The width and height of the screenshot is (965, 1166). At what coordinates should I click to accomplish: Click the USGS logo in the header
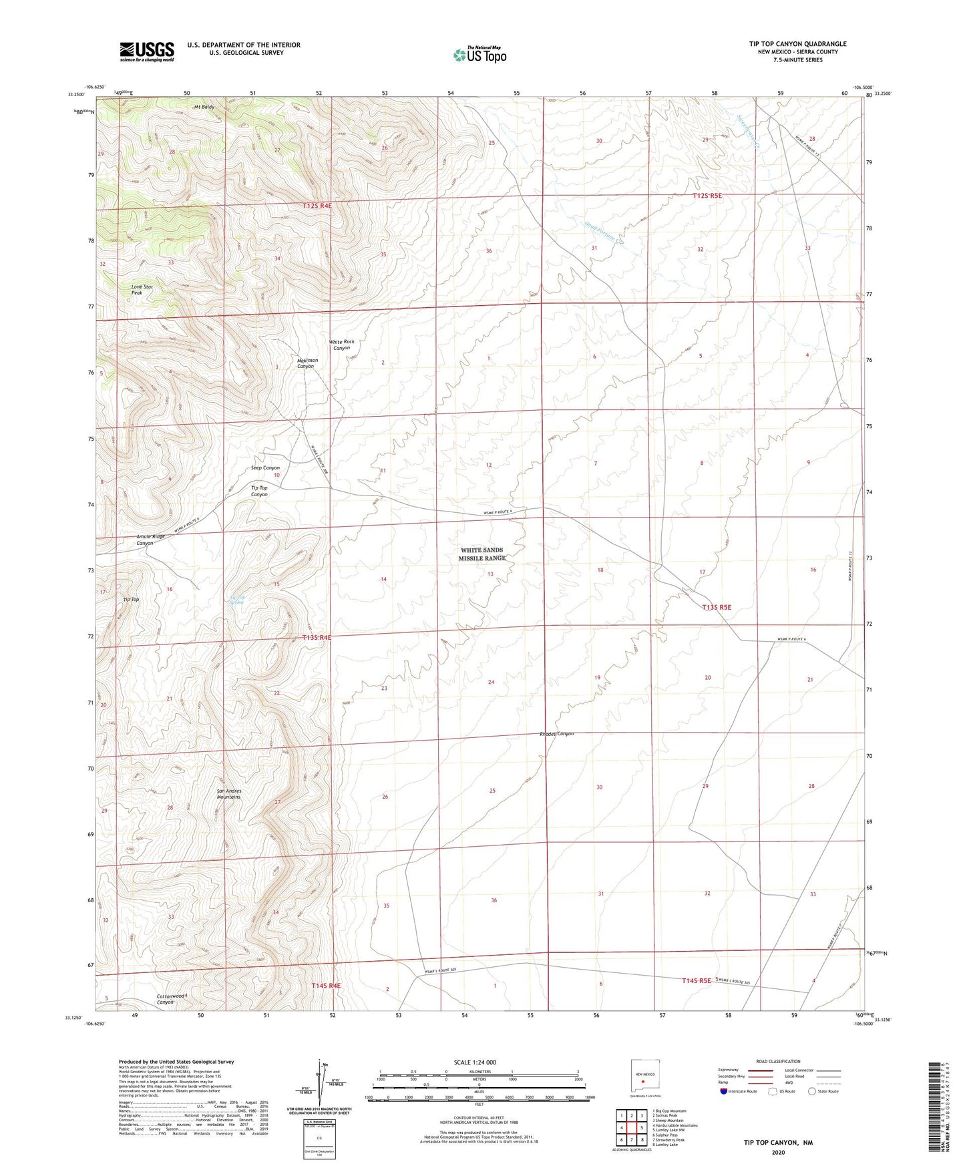[147, 51]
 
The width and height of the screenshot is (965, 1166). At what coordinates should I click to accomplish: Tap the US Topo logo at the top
[479, 55]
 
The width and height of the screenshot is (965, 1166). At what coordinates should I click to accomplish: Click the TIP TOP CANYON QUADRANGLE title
[797, 44]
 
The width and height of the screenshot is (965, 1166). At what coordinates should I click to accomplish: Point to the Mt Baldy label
[204, 107]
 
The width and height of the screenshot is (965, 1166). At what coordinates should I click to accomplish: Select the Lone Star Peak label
[142, 290]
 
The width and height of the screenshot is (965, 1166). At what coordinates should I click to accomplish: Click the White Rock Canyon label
[341, 345]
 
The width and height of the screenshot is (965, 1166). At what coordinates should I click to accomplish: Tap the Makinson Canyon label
[307, 363]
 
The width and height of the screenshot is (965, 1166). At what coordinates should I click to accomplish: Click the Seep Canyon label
[265, 467]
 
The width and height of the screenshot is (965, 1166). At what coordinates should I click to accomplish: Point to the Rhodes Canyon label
[556, 734]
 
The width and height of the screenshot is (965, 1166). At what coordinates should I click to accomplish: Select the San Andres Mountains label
[228, 793]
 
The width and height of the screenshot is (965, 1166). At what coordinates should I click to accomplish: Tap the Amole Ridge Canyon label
[150, 540]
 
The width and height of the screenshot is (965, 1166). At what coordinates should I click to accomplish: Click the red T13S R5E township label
[717, 607]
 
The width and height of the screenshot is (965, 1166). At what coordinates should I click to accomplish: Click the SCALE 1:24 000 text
[475, 1062]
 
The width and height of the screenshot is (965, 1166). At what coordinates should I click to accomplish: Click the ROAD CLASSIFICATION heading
[778, 1061]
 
